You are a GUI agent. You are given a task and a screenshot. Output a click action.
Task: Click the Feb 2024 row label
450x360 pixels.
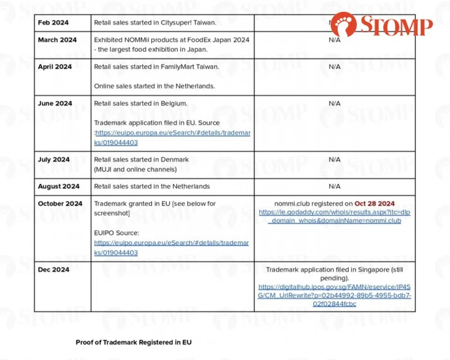click(53, 22)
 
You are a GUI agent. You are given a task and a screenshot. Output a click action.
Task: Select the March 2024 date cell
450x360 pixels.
click(57, 40)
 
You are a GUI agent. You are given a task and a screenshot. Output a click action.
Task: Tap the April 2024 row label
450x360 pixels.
click(55, 67)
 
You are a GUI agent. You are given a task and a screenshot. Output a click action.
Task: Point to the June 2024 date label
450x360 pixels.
click(55, 103)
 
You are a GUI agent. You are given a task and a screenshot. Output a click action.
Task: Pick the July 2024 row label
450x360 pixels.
click(54, 159)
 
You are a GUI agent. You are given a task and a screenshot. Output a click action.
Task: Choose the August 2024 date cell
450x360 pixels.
click(59, 186)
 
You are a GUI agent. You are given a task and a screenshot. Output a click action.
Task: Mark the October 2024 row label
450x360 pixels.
click(60, 203)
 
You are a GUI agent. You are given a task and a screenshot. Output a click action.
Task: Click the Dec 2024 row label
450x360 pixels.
click(53, 270)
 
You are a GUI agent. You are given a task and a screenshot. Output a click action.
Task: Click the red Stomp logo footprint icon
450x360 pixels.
click(343, 25)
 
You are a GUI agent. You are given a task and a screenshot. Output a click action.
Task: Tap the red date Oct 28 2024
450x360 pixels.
click(375, 203)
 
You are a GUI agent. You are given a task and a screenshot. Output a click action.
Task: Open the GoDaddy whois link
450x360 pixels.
click(334, 216)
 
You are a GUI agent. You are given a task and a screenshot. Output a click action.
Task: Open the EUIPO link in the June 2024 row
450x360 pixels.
click(172, 137)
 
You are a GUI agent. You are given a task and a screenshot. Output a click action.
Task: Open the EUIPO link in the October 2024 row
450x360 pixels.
click(171, 247)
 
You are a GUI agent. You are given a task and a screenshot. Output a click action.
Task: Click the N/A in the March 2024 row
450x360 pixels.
click(334, 40)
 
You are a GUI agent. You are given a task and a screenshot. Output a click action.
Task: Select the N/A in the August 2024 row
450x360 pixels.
click(334, 186)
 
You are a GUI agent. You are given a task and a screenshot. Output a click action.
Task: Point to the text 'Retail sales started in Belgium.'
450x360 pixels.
click(141, 103)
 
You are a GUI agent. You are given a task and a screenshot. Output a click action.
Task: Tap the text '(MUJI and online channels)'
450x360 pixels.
click(135, 169)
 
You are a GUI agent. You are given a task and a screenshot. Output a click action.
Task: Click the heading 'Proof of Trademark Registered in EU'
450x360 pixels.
click(134, 342)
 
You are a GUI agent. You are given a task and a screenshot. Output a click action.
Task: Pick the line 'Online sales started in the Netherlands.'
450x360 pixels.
click(154, 86)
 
